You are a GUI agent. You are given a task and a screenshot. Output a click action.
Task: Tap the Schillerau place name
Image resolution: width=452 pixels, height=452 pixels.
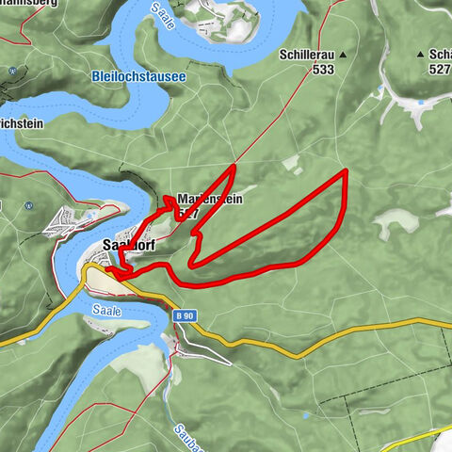(307, 56)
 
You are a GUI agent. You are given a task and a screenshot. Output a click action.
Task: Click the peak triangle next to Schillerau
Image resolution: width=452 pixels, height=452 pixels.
(343, 56)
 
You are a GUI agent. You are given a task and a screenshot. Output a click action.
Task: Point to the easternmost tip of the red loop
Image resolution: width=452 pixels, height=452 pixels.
(347, 170)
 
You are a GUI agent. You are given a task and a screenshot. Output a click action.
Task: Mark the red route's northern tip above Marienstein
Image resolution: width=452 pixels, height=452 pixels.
(234, 166)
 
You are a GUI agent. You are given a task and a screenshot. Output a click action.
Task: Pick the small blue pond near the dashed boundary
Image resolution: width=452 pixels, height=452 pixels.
(307, 413)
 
